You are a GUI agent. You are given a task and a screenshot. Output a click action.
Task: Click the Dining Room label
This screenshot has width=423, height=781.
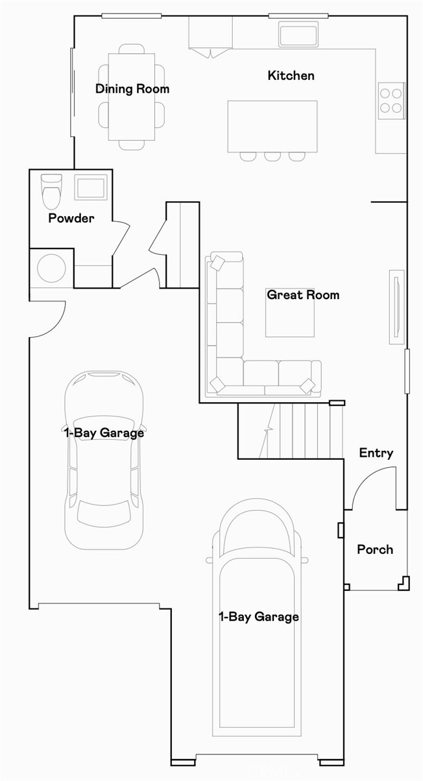click(132, 89)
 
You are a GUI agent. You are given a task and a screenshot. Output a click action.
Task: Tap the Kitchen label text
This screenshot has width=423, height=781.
click(291, 76)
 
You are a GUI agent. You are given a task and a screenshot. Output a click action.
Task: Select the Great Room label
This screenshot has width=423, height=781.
click(303, 295)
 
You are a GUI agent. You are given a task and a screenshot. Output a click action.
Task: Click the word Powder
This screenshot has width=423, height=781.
click(71, 219)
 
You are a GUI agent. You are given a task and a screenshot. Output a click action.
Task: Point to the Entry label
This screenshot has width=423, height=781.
click(376, 453)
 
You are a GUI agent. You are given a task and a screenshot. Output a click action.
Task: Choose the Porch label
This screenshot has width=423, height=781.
click(375, 549)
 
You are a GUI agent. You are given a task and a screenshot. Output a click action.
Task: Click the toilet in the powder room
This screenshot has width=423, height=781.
click(51, 189)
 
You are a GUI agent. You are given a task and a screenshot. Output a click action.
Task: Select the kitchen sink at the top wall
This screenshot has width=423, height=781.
click(298, 34)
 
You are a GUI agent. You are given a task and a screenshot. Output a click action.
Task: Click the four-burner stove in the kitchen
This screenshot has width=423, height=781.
click(391, 100)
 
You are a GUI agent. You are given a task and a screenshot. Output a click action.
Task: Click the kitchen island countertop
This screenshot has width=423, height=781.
click(272, 126)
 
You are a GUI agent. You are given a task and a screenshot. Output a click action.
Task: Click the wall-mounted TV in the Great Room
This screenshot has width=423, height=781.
click(395, 307)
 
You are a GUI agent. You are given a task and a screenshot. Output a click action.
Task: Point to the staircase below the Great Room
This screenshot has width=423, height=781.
click(289, 430)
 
